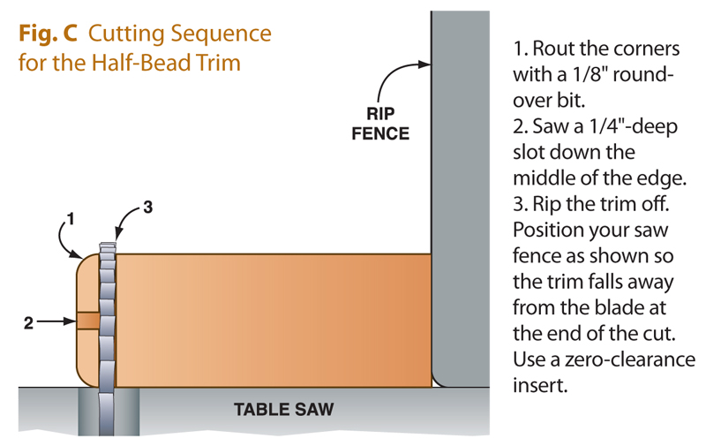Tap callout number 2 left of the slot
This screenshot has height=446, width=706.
[x=29, y=323]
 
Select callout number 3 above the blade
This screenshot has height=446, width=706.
[x=148, y=208]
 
